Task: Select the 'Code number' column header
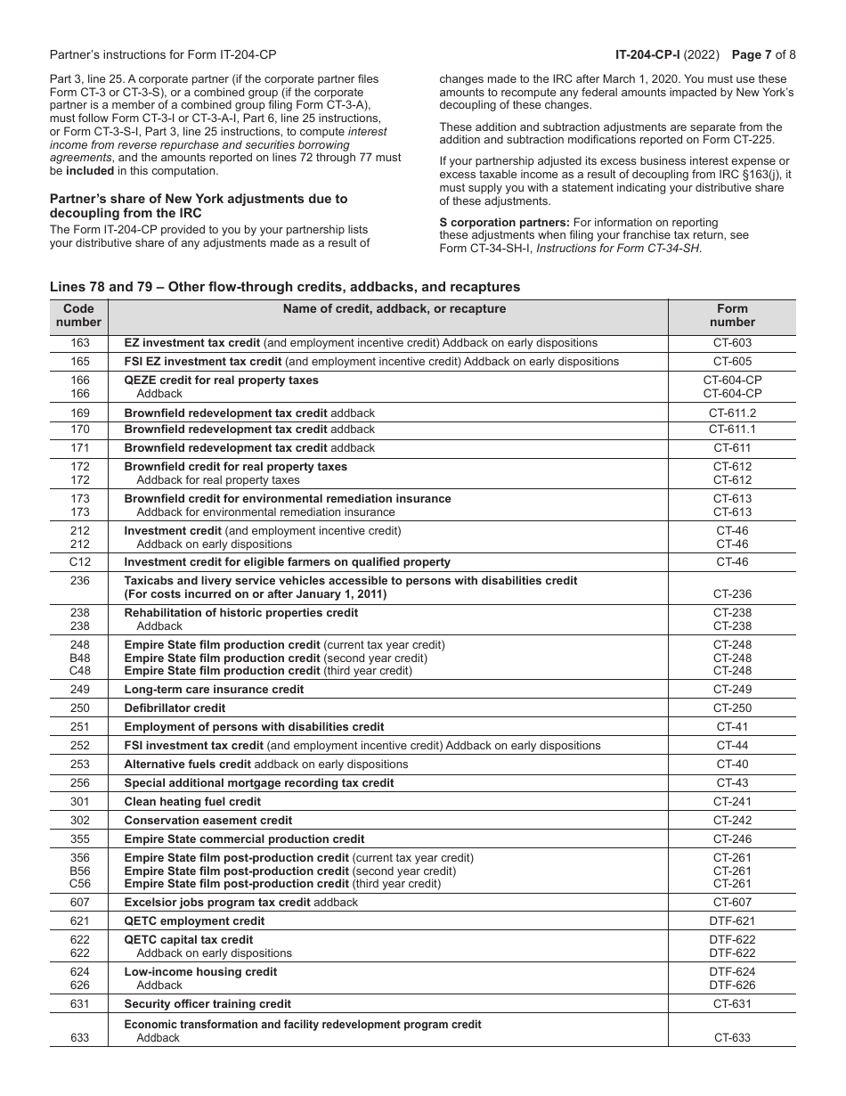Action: click(79, 315)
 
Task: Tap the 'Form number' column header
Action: click(732, 315)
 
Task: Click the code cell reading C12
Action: click(79, 562)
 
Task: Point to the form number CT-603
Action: click(732, 343)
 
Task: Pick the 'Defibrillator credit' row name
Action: click(175, 708)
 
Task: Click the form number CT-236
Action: click(732, 594)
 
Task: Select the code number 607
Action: click(79, 903)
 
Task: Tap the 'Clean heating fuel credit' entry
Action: click(192, 802)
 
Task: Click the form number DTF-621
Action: click(732, 921)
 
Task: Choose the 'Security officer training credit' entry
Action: click(207, 1004)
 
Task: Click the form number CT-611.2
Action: click(732, 413)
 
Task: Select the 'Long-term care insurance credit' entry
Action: click(214, 690)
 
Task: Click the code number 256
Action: click(79, 783)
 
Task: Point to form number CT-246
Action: click(732, 839)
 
